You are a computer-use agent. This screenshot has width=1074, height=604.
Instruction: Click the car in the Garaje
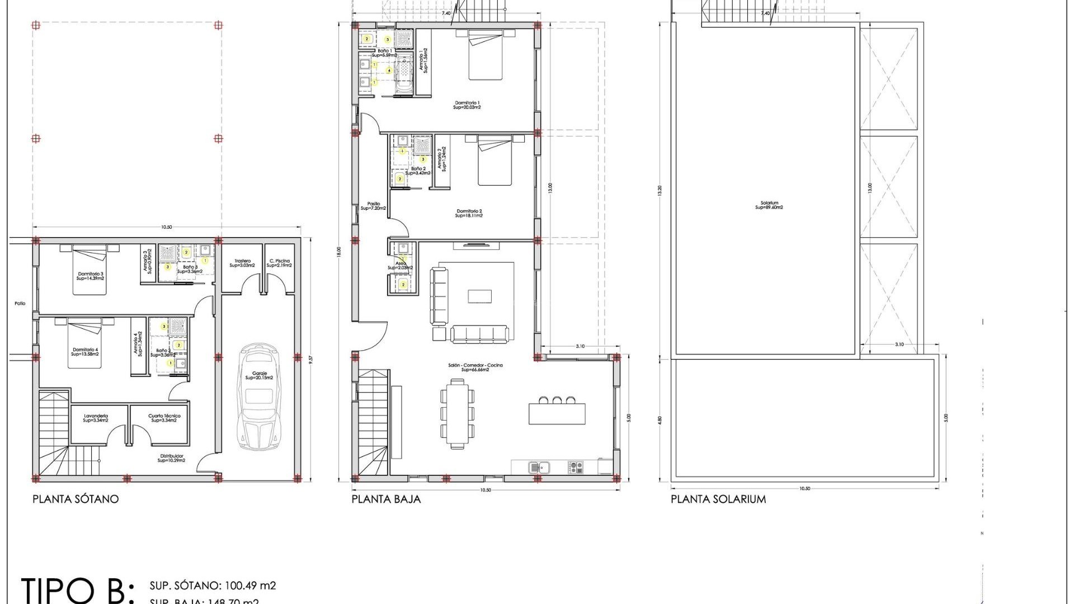(259, 397)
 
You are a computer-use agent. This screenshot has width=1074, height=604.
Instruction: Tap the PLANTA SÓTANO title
(76, 499)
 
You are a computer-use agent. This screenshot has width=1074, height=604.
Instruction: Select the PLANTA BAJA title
(386, 499)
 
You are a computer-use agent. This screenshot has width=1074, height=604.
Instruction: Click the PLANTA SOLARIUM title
(718, 499)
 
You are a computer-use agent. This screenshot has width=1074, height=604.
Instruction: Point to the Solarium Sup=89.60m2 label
(769, 206)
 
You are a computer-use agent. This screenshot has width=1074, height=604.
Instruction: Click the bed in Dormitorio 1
(486, 56)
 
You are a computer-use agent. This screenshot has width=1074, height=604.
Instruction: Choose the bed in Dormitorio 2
(494, 163)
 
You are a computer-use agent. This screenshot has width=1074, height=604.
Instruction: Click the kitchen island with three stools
(557, 413)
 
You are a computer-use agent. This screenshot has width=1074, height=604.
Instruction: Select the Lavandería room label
(96, 418)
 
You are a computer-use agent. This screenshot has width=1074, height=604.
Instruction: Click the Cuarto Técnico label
(164, 418)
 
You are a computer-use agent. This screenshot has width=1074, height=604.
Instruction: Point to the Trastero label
(242, 263)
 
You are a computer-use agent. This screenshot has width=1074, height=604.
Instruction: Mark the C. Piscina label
(279, 263)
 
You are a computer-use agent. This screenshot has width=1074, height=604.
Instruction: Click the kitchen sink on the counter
(539, 467)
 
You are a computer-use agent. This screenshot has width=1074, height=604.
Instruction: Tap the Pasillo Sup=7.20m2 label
(373, 206)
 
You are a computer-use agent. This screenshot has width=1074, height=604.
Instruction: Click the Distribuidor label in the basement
(171, 458)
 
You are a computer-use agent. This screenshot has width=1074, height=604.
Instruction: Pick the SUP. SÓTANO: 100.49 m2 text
(213, 586)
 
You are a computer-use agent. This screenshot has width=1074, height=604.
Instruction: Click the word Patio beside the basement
(20, 304)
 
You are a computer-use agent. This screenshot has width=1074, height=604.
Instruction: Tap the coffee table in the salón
(479, 296)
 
